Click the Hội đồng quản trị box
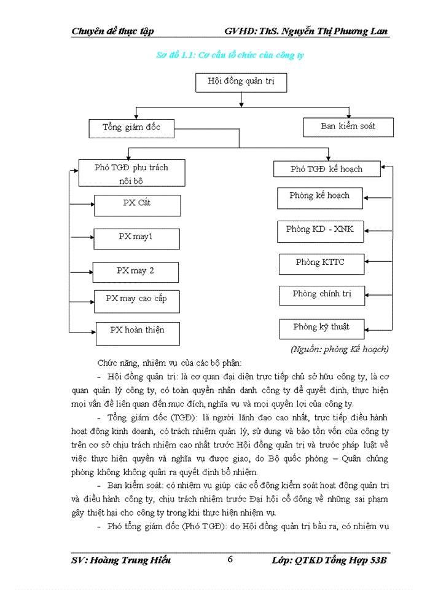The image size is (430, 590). [x=241, y=82]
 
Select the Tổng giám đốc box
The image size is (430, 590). [x=131, y=128]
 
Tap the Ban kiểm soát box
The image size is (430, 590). [x=348, y=127]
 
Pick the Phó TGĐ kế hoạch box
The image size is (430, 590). [x=327, y=169]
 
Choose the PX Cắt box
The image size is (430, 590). [x=137, y=205]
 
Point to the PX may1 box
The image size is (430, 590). [x=136, y=238]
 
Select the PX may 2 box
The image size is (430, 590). [x=135, y=272]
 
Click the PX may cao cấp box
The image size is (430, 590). [x=136, y=300]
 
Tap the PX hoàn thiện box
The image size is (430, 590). [x=138, y=332]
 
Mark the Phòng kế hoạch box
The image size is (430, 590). [x=319, y=197]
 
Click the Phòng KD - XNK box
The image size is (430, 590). [x=320, y=230]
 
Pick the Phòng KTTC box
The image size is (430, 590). [x=321, y=264]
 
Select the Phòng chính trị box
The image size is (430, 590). [x=322, y=296]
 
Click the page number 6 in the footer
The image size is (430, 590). [x=230, y=559]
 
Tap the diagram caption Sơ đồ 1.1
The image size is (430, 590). [x=230, y=55]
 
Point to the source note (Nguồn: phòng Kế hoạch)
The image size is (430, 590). [x=339, y=349]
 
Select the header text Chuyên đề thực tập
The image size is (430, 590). [x=112, y=31]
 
